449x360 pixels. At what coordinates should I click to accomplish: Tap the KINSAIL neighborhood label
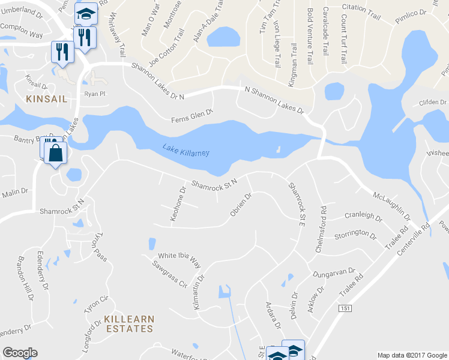[46, 98]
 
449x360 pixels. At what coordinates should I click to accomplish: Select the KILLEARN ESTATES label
[128, 323]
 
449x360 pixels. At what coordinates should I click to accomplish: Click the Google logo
[20, 353]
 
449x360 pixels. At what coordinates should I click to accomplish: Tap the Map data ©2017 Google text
[411, 355]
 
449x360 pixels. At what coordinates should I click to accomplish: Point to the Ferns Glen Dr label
[192, 112]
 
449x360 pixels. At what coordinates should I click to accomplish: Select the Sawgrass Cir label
[170, 274]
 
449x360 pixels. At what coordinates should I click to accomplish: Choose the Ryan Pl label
[95, 94]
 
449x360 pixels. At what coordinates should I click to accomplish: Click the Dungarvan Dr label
[334, 274]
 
